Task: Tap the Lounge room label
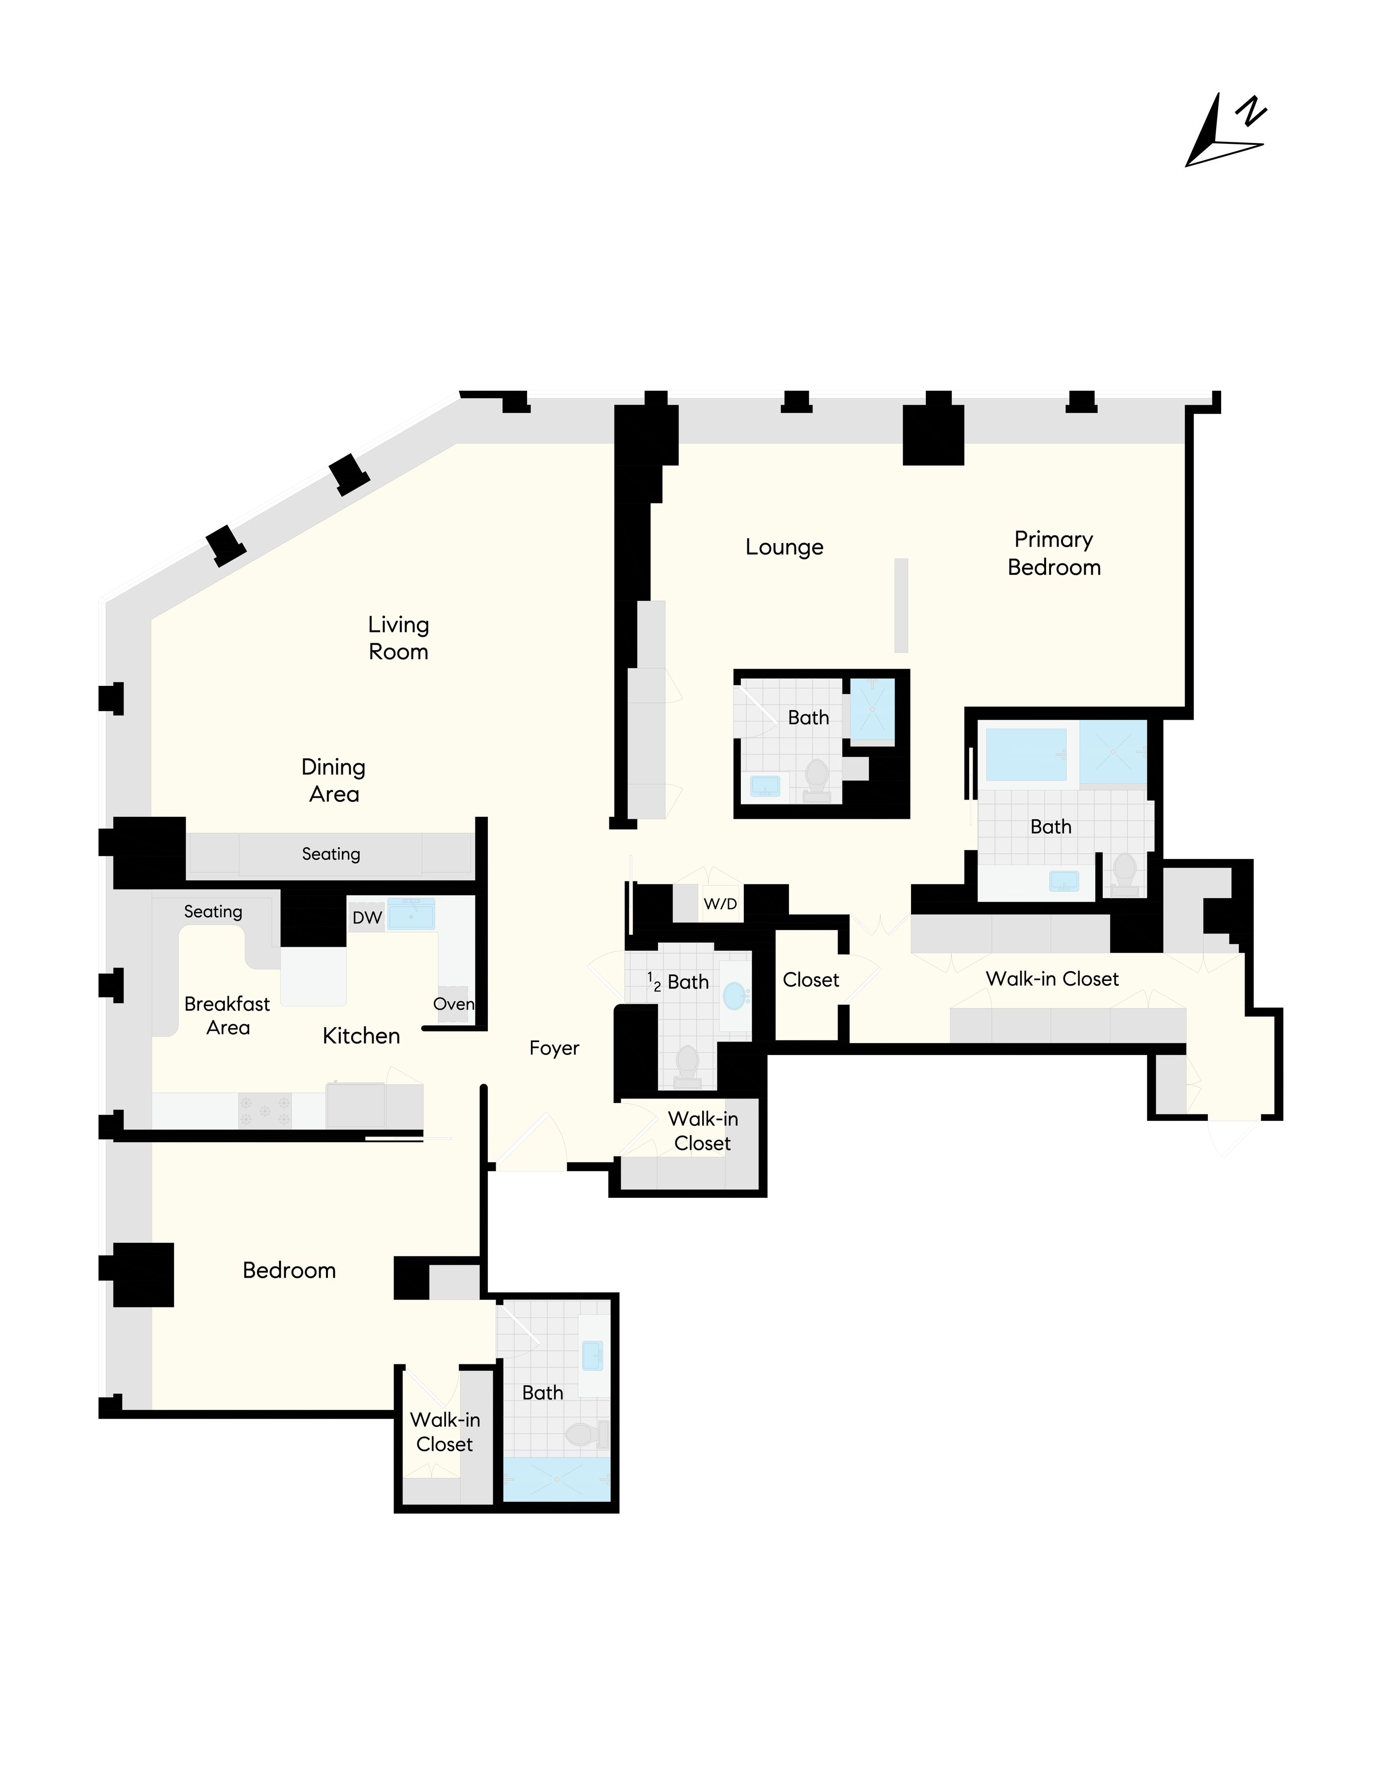784,547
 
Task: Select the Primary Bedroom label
1054,554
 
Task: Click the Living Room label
398,637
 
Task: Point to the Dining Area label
333,780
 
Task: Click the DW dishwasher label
367,917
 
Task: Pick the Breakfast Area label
227,1015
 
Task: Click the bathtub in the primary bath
1026,753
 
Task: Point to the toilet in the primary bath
1125,872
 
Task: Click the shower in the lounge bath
872,709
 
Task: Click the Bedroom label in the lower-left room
289,1270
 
